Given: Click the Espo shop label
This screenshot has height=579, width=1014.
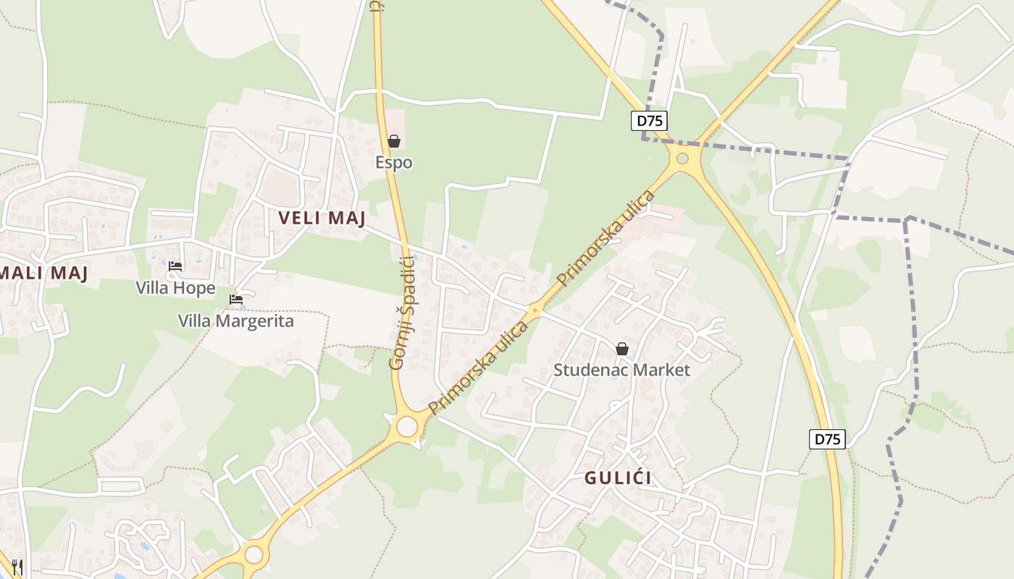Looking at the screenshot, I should pos(394,162).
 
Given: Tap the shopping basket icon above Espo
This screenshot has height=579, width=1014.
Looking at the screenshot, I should pos(394,141).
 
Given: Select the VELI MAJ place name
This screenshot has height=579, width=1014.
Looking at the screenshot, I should pos(322,218).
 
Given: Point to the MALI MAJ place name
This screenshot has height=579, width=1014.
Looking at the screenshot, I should pos(43,273).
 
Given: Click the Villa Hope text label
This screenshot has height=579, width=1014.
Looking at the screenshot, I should pos(175,288).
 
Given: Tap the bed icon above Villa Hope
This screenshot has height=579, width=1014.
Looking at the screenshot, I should pos(175,266).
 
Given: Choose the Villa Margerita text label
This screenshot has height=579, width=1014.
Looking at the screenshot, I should pos(236,321).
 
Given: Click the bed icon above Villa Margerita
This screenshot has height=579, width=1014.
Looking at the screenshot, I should pos(236,299).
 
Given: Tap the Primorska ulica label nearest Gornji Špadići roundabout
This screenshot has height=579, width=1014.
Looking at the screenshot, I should pos(477,368).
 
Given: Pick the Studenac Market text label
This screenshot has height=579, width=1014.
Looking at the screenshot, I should pos(621,370).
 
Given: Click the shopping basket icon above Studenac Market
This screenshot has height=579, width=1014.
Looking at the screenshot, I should pos(621,349).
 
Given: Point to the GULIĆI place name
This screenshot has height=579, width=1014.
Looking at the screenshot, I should pos(618,478).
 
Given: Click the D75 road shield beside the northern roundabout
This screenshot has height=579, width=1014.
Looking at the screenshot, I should pos(648,121).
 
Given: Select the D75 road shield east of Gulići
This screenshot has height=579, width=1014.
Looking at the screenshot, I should pos(827,439).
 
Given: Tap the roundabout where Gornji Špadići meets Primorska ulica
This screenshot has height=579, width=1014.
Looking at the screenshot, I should pos(407,426).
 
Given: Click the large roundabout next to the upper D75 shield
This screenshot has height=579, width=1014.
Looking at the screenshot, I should pos(682,158).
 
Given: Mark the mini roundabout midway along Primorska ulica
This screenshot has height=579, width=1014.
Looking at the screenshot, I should pos(535,310).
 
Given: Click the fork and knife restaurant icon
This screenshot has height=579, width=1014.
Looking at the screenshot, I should pos(17,567).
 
